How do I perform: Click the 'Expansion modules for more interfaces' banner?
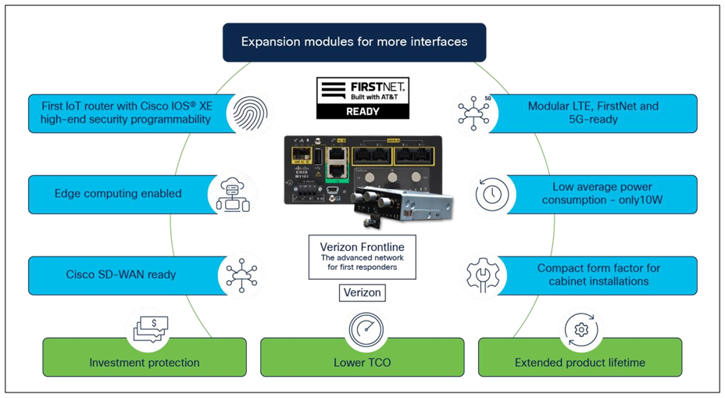click(354, 41)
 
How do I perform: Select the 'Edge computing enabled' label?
click(118, 194)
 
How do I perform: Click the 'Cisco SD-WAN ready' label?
click(121, 274)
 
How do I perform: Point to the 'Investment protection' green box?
click(144, 363)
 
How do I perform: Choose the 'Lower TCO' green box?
click(362, 363)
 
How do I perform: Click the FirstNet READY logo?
click(362, 98)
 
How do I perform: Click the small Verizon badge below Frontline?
click(362, 292)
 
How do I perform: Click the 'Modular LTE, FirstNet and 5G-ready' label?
click(593, 113)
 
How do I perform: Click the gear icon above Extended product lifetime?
click(580, 329)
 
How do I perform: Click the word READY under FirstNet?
click(362, 111)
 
